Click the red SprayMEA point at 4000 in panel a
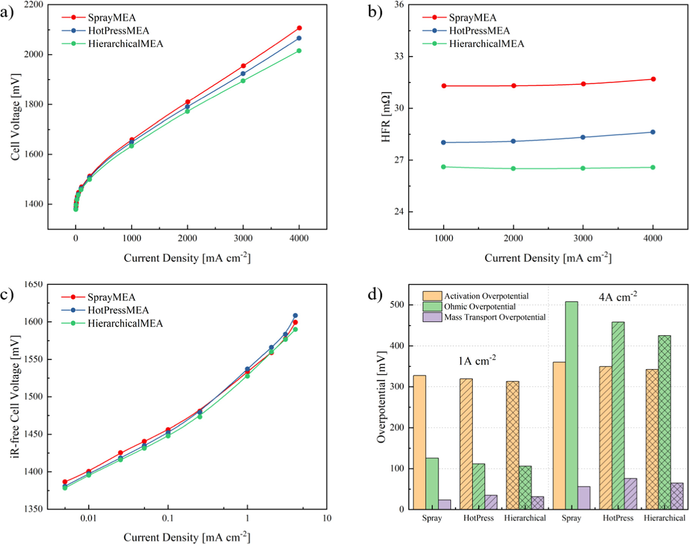(299, 28)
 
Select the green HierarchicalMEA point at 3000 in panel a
(243, 81)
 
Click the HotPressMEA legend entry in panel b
(479, 31)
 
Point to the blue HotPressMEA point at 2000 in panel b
(513, 141)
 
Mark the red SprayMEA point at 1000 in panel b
(443, 86)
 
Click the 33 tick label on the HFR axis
(399, 57)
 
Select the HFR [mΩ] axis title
(386, 117)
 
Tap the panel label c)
(7, 295)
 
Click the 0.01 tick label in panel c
(88, 518)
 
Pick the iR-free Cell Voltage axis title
(16, 397)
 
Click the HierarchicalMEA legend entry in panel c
(125, 323)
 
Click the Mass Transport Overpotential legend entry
(494, 317)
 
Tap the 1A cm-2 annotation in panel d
(477, 360)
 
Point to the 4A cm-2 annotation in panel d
(618, 297)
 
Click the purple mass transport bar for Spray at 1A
(444, 505)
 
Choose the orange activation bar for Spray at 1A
(419, 442)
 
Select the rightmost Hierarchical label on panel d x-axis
(664, 518)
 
